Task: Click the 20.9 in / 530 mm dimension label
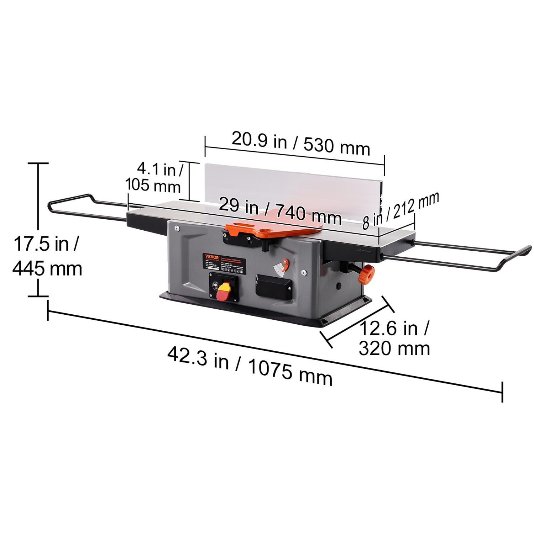(x=301, y=143)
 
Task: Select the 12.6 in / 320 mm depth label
(x=394, y=338)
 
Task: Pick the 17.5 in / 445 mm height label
(x=47, y=256)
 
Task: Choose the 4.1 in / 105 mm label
(x=154, y=177)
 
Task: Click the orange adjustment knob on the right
(x=367, y=273)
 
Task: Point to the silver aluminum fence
(x=292, y=189)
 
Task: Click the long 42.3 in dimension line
(x=274, y=351)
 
